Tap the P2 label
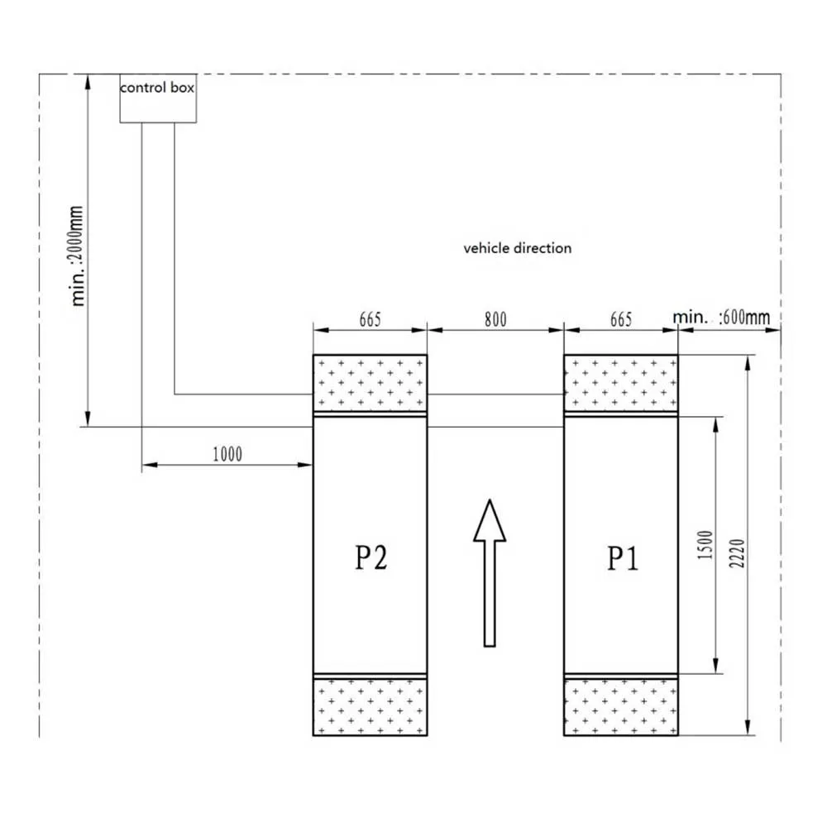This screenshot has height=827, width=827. point(370,557)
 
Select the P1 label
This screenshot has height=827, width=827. point(623,558)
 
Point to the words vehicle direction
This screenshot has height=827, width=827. point(518,248)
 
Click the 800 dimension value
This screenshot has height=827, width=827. point(495,319)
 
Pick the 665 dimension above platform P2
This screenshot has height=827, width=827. point(370,319)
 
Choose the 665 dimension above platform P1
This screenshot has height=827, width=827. point(621,319)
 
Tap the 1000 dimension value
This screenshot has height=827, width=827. point(227,454)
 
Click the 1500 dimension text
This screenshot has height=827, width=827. point(705,545)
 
